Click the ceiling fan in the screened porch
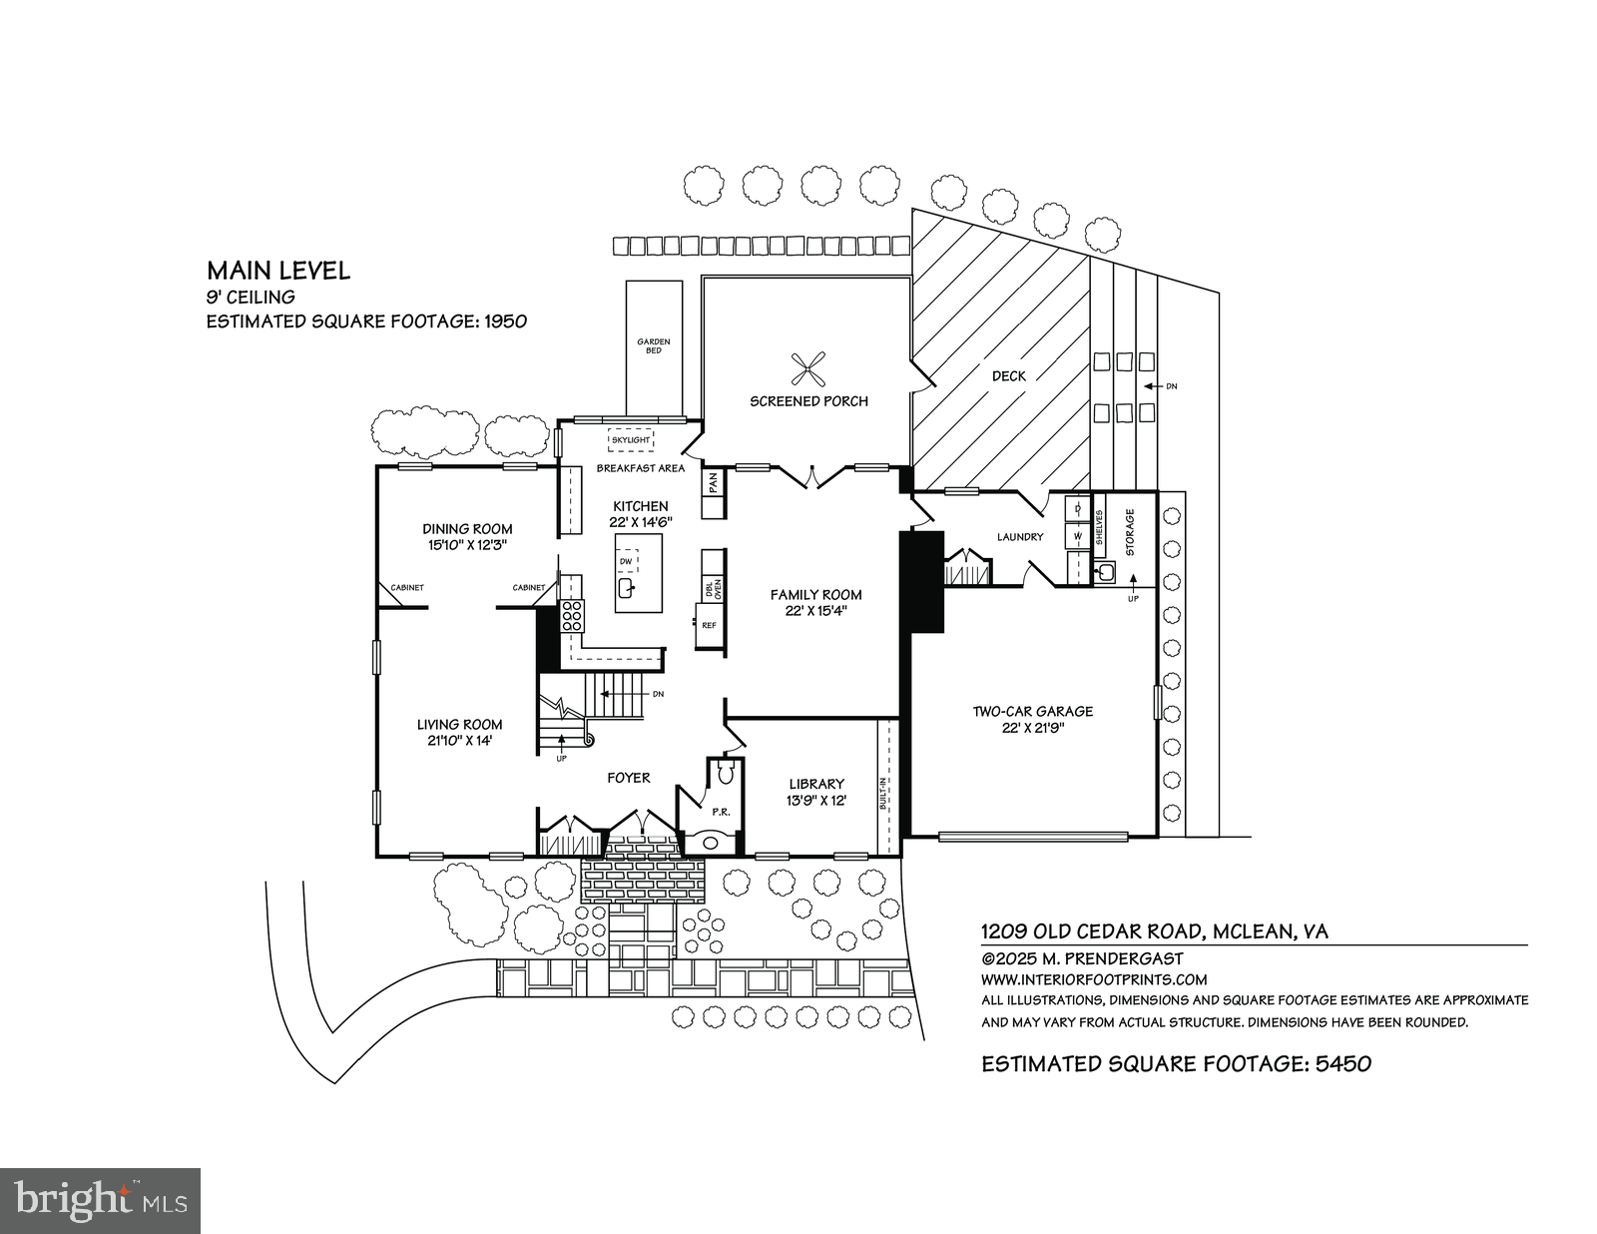808,369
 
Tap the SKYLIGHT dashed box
631,439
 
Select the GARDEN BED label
654,345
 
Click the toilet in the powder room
726,771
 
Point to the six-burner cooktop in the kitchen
573,615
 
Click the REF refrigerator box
710,625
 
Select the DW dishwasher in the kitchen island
626,561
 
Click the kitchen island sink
626,588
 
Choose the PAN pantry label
713,482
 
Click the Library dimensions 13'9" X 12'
815,801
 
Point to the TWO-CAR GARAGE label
1033,712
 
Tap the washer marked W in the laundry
1077,536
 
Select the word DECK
1008,376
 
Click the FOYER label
629,778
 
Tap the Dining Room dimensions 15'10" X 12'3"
467,545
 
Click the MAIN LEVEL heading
278,271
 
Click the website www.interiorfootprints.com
1094,979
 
